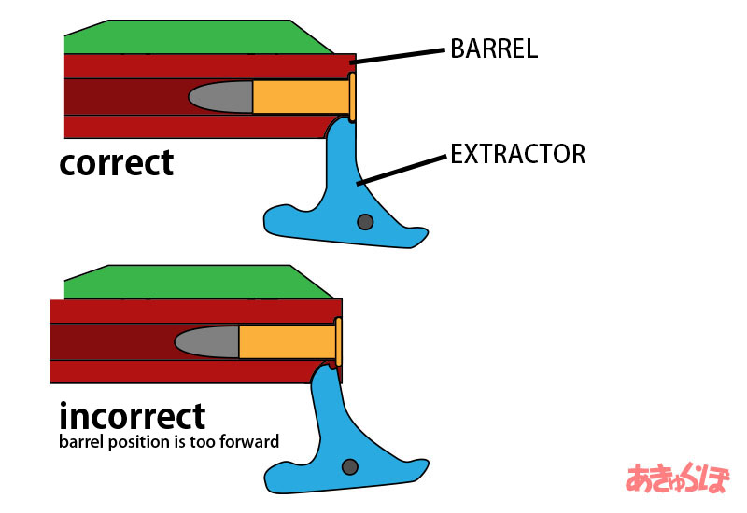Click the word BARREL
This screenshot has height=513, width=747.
coord(494,49)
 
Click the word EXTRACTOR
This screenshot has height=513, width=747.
coord(518,154)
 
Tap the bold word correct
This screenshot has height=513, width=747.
coord(116,163)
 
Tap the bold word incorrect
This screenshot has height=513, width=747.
coord(133,416)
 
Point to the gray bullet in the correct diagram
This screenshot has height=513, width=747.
coord(221,97)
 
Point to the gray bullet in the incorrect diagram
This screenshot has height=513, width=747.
coord(207,341)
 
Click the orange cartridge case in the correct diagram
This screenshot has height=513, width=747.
coord(302,97)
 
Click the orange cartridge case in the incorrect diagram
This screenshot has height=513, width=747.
coord(288,341)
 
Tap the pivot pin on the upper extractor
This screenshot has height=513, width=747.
coord(365,222)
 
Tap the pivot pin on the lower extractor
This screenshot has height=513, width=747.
coord(350,467)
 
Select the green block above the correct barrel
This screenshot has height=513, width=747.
coord(199,37)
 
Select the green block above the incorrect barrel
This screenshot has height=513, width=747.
coord(199,283)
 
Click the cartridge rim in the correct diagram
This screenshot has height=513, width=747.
coord(352,97)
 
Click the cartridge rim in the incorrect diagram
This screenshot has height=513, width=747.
coord(338,342)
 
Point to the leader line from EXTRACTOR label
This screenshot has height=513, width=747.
coord(402,170)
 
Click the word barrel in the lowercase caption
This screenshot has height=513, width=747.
coord(81,441)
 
